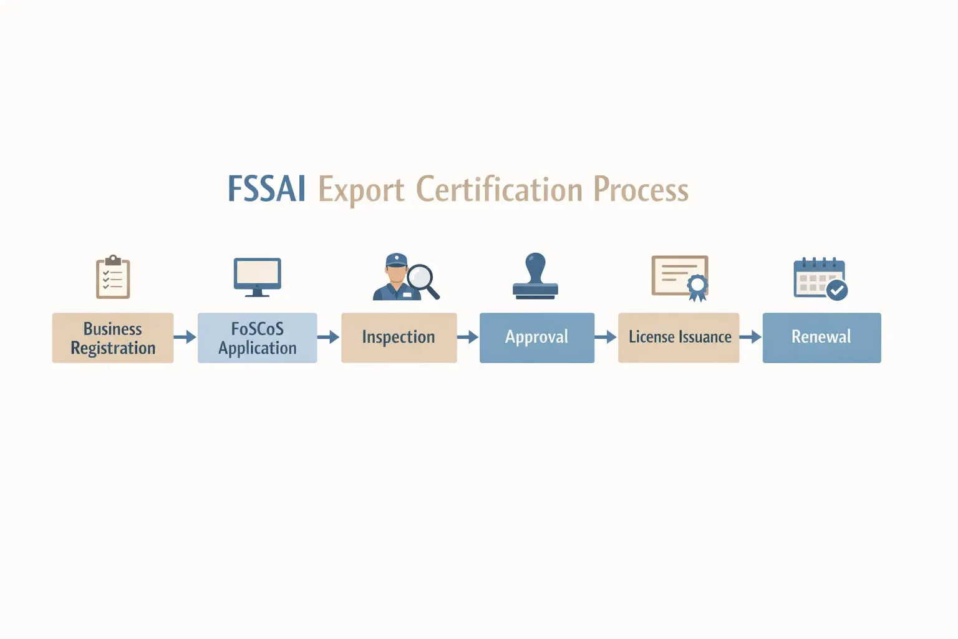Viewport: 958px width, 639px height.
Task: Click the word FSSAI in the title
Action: coord(266,188)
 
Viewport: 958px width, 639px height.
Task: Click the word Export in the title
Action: coord(361,190)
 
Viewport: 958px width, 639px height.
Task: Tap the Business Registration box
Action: coord(113,338)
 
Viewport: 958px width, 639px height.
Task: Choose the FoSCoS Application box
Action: coord(257,338)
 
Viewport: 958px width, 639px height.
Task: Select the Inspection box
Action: coord(399,338)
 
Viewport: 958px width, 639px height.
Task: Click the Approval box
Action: coord(536,338)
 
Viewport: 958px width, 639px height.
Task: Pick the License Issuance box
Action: coord(679,338)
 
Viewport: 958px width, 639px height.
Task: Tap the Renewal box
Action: coord(821,338)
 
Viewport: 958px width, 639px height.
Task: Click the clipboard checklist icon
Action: coord(113,277)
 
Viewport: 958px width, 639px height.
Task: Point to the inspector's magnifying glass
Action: coord(422,278)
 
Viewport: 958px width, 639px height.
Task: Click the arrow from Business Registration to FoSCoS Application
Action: coord(185,338)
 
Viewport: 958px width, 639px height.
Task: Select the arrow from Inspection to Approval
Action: coord(468,338)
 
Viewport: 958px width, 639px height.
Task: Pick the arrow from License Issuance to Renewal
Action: coord(751,338)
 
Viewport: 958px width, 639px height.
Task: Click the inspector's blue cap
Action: coord(396,260)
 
